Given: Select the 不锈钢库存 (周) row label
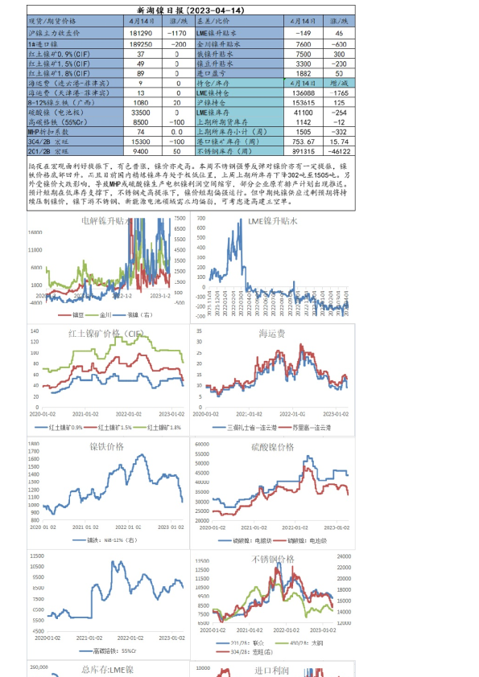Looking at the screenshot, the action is pos(229,150).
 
